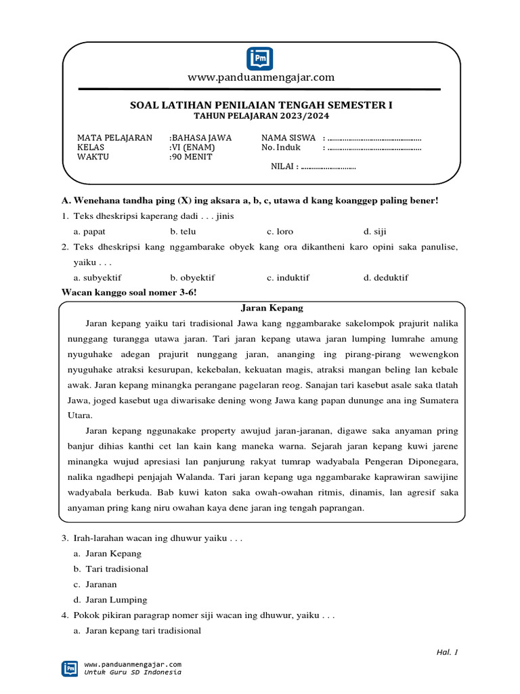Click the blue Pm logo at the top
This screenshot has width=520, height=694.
click(x=260, y=58)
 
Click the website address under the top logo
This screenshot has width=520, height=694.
click(x=261, y=77)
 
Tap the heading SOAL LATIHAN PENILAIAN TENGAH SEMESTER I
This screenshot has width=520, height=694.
click(x=261, y=106)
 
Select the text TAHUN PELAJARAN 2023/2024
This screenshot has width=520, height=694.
click(x=261, y=117)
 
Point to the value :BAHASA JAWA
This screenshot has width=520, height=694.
click(x=200, y=138)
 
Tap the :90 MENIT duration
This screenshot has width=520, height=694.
click(x=191, y=157)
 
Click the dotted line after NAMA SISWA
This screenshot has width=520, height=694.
click(x=374, y=138)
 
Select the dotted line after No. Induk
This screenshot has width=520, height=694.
click(x=374, y=148)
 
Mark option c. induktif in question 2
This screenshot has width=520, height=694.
click(x=290, y=277)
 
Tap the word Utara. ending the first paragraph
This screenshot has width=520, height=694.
click(x=79, y=415)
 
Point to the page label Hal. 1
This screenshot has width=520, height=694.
click(x=447, y=652)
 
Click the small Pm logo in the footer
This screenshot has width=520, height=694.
click(x=69, y=668)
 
